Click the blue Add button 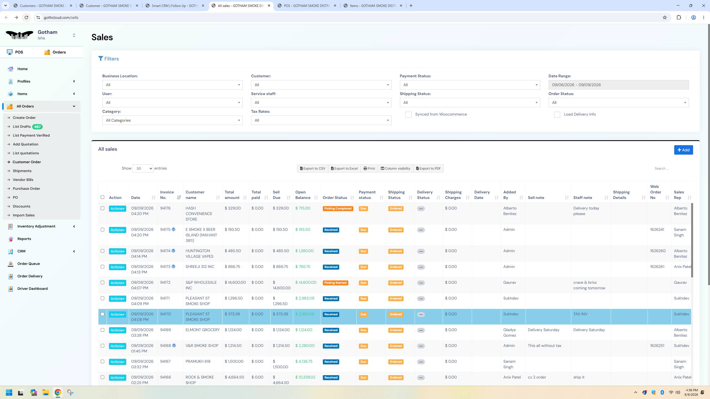coord(683,150)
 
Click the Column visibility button coord(395,168)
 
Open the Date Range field coord(618,85)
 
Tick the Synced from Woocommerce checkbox coord(408,115)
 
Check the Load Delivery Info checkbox coord(557,115)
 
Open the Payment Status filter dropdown coord(470,85)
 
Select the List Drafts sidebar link coord(22,127)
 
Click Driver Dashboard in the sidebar coord(32,288)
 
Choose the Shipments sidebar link coord(22,171)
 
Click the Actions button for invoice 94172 coord(117,283)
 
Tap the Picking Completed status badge coord(338,209)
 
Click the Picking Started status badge coord(335,283)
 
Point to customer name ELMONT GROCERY coord(202,330)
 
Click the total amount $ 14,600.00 coord(235,282)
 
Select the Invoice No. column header coord(167,195)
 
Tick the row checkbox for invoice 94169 coord(102,330)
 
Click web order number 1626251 coord(657,346)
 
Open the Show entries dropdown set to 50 coord(143,168)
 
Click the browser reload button coord(26,17)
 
